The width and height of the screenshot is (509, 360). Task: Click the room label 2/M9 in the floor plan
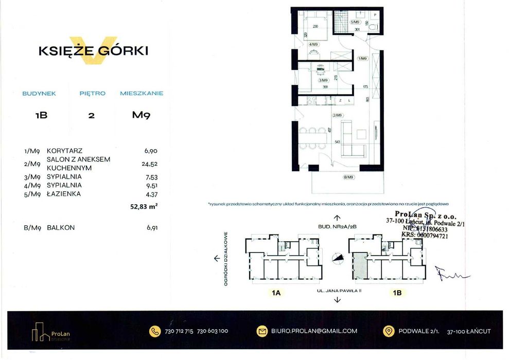point(337,115)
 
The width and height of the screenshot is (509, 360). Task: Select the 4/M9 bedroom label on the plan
point(313,45)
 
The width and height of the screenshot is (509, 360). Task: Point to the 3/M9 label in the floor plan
point(323,81)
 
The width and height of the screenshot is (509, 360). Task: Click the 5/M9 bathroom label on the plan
point(355,23)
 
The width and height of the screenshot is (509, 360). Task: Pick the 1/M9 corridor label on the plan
point(363,59)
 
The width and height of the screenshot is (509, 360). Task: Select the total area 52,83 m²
point(144,207)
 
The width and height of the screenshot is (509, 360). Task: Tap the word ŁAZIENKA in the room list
point(64,194)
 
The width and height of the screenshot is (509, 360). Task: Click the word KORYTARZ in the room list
point(64,151)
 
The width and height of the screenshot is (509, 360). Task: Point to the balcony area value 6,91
point(150,227)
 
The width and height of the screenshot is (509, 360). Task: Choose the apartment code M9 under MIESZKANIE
point(141,115)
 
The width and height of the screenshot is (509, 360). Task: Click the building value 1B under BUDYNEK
point(41,115)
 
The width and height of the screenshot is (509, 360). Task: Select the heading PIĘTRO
point(92,94)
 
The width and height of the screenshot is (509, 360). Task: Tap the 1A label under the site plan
point(276,293)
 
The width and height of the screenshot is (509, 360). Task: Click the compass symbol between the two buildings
point(337,259)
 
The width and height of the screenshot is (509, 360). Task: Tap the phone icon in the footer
point(155,331)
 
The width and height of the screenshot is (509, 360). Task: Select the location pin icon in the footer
point(390,331)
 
